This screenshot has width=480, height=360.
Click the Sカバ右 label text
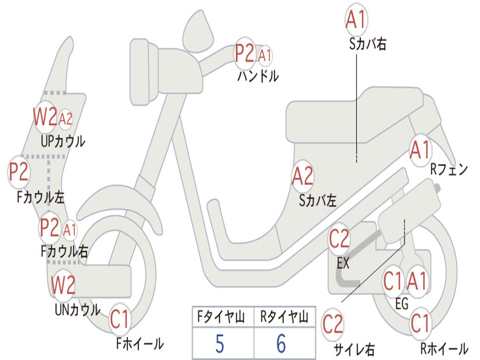[367, 44]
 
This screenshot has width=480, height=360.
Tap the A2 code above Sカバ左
[302, 176]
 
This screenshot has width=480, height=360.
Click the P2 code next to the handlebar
[244, 54]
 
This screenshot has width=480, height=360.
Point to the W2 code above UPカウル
[45, 117]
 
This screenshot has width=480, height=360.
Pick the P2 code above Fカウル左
[19, 172]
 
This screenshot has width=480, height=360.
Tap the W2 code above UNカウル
[63, 285]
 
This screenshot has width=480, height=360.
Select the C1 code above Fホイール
[120, 320]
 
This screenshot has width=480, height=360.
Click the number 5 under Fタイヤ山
[219, 344]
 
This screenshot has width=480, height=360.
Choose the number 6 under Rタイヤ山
[281, 344]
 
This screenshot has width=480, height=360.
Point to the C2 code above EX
[339, 240]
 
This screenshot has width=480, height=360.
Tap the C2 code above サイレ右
[333, 324]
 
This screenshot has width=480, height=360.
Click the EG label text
[402, 304]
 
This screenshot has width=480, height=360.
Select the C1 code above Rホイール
[420, 323]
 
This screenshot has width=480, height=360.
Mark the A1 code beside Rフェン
[420, 150]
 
